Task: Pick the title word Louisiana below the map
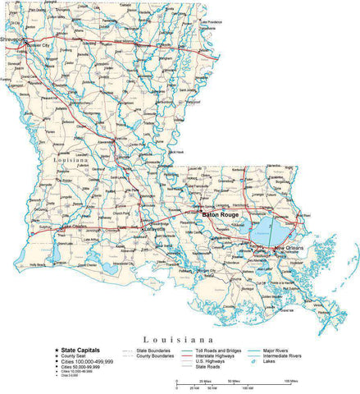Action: click(179, 338)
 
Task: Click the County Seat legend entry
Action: click(75, 355)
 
